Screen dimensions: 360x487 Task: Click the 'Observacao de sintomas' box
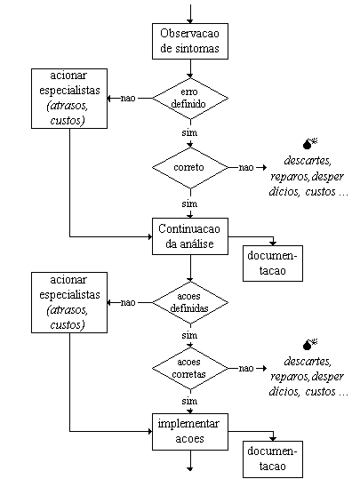pyautogui.click(x=190, y=41)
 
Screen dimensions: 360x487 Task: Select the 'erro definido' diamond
pyautogui.click(x=190, y=98)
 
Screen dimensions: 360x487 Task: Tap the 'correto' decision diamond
pyautogui.click(x=190, y=167)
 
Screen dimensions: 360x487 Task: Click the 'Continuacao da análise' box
pyautogui.click(x=190, y=236)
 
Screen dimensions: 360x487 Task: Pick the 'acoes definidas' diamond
pyautogui.click(x=190, y=302)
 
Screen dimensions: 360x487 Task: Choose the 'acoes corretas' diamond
pyautogui.click(x=190, y=368)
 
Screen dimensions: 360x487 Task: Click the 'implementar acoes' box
pyautogui.click(x=190, y=432)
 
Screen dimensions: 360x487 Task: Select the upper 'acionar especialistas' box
pyautogui.click(x=69, y=99)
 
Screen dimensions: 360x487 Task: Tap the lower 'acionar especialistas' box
pyautogui.click(x=69, y=302)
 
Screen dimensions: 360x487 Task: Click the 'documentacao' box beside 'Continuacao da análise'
pyautogui.click(x=273, y=263)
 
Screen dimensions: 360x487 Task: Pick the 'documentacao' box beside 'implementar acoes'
pyautogui.click(x=273, y=459)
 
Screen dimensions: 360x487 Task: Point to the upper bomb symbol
pyautogui.click(x=309, y=144)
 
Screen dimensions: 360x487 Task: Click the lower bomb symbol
pyautogui.click(x=309, y=344)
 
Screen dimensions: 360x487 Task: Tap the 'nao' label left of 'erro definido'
pyautogui.click(x=128, y=98)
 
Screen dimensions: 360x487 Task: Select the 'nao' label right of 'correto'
pyautogui.click(x=246, y=167)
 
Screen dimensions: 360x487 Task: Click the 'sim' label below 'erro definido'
pyautogui.click(x=189, y=132)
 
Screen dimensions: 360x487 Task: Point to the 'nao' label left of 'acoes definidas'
pyautogui.click(x=128, y=302)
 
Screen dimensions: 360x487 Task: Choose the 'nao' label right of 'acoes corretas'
pyautogui.click(x=246, y=368)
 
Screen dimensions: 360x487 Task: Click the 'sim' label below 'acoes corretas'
pyautogui.click(x=189, y=401)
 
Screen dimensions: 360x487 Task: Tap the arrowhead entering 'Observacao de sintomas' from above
pyautogui.click(x=190, y=21)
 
